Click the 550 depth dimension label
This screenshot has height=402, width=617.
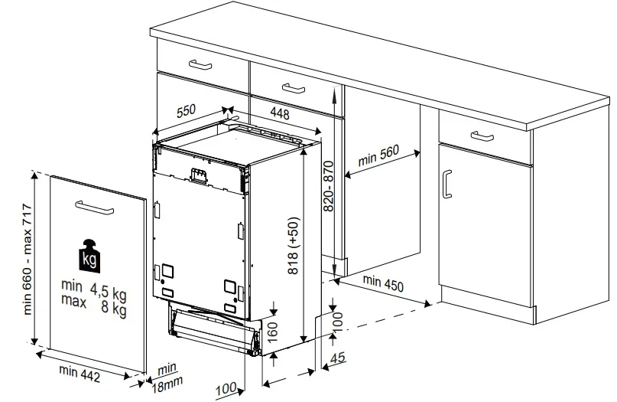click(x=186, y=111)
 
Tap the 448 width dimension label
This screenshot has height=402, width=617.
click(x=280, y=113)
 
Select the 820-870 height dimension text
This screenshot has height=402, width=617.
click(x=329, y=186)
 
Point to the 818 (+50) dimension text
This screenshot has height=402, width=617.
click(x=293, y=246)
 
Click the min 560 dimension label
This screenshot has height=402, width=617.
click(x=378, y=155)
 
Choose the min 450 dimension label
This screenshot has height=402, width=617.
click(x=383, y=283)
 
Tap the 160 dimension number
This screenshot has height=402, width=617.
click(x=272, y=331)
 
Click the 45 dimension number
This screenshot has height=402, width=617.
click(x=338, y=358)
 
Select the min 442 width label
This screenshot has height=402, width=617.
click(x=80, y=374)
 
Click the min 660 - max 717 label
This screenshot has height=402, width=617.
click(x=28, y=259)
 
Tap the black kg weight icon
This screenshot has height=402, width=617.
click(x=89, y=256)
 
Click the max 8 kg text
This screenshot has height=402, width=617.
click(x=93, y=305)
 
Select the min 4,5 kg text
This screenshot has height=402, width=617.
click(x=93, y=289)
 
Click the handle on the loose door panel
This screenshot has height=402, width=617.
click(x=95, y=208)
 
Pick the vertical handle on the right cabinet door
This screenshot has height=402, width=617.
click(x=447, y=184)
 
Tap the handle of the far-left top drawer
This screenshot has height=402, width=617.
click(x=200, y=64)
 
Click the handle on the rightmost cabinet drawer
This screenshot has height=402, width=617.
click(x=482, y=136)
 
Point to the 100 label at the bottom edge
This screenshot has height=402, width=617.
click(x=226, y=389)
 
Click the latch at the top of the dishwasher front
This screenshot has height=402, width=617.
click(x=198, y=175)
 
